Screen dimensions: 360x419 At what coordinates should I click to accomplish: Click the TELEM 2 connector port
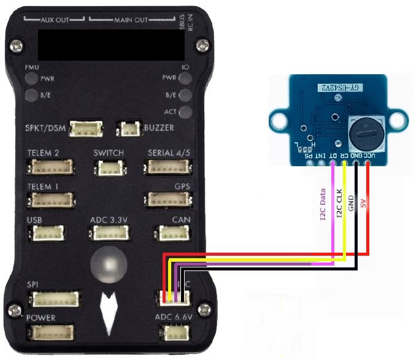[x=52, y=167]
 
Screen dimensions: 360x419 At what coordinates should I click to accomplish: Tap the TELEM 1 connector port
[x=52, y=200]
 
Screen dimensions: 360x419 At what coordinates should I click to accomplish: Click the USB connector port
[x=48, y=233]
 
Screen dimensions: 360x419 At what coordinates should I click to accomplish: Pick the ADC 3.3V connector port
[x=110, y=233]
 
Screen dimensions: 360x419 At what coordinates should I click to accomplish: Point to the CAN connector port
[x=173, y=233]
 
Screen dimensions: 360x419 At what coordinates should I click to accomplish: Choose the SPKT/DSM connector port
[x=86, y=129]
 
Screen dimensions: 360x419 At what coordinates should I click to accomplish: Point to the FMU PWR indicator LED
[x=31, y=79]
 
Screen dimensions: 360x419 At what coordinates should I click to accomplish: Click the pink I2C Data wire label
[x=323, y=205]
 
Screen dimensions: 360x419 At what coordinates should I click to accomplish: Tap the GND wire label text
[x=350, y=204]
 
